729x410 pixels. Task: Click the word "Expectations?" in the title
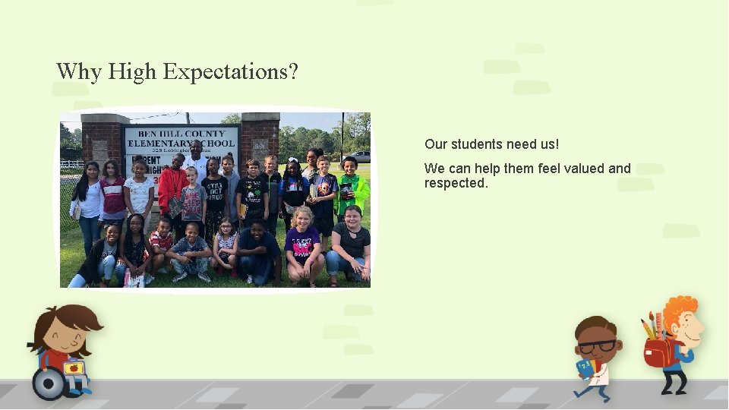point(230,73)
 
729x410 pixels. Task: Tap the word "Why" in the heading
point(78,73)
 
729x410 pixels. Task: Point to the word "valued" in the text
point(585,169)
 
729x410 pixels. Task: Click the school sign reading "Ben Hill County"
point(181,134)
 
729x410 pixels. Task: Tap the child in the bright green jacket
point(352,190)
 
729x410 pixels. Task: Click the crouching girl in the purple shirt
point(303,243)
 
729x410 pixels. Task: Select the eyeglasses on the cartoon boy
point(599,346)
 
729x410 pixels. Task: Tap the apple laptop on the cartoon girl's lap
point(74,368)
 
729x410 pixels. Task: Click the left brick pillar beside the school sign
point(105,140)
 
